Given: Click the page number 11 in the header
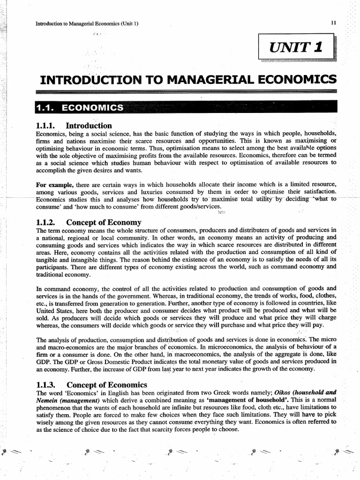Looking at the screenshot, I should pyautogui.click(x=333, y=23).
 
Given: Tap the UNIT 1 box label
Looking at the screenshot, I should pyautogui.click(x=296, y=47).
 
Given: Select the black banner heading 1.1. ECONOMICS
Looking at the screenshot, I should pyautogui.click(x=80, y=108).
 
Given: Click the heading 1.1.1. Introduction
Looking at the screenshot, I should pyautogui.click(x=74, y=126).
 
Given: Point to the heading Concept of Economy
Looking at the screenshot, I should pyautogui.click(x=104, y=222).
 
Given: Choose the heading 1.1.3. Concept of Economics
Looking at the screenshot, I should pyautogui.click(x=91, y=384).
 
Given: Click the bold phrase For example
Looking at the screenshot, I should pyautogui.click(x=51, y=185).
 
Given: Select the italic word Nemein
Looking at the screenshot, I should pyautogui.click(x=48, y=400).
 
